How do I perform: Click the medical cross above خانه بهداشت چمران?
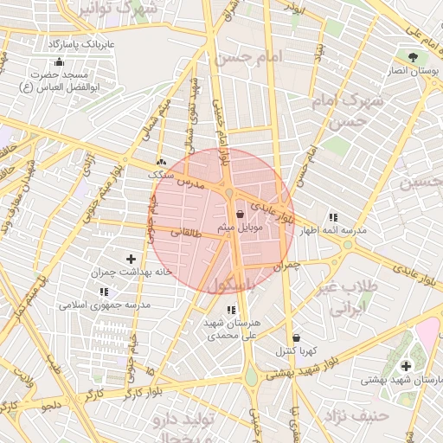point(132,259)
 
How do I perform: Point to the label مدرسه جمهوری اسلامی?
point(105,305)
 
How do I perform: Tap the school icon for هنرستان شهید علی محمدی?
point(230,310)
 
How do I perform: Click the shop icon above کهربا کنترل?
point(297,337)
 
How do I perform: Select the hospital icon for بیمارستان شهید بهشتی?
point(406,366)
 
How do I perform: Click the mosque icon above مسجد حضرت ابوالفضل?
point(59,62)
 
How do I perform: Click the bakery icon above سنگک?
point(161,162)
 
